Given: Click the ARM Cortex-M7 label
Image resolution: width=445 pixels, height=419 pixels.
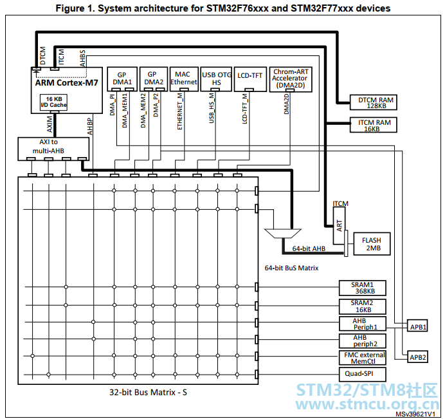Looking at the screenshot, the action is click(x=66, y=82).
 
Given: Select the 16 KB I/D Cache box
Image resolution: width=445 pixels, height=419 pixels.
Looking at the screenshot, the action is click(x=53, y=102).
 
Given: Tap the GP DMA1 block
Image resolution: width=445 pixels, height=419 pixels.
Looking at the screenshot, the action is click(x=122, y=79).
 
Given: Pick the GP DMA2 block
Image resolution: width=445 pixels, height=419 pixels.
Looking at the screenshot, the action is click(x=154, y=79).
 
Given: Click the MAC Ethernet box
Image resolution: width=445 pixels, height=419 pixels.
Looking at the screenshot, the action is click(x=184, y=79).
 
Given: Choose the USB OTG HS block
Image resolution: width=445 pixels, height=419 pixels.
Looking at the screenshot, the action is click(x=216, y=79).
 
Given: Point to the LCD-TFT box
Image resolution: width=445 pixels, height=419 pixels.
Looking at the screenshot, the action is click(x=250, y=79).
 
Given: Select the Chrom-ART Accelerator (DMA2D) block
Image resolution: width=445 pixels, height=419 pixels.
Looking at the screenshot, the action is click(x=291, y=79).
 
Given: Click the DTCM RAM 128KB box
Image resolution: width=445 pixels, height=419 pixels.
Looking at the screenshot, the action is click(x=373, y=102).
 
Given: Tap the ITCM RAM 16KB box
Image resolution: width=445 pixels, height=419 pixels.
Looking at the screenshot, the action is click(x=373, y=125).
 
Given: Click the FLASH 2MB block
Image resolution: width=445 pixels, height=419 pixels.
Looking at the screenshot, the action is click(x=372, y=244).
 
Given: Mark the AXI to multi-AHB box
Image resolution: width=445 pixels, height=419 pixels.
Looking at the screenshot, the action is click(x=53, y=149).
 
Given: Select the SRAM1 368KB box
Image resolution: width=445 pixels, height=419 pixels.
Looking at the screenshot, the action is click(x=363, y=288).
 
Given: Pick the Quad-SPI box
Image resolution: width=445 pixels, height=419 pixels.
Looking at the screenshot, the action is click(x=363, y=375).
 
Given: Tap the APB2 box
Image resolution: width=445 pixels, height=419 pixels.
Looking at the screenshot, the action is click(x=417, y=357).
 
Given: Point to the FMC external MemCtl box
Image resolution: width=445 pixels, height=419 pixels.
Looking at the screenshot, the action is click(x=363, y=358).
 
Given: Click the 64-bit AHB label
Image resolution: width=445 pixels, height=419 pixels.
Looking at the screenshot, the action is click(x=309, y=248).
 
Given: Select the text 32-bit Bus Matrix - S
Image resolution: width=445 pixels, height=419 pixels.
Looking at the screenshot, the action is click(x=148, y=393).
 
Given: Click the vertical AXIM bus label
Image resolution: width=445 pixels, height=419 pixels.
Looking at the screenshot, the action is click(x=50, y=124).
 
